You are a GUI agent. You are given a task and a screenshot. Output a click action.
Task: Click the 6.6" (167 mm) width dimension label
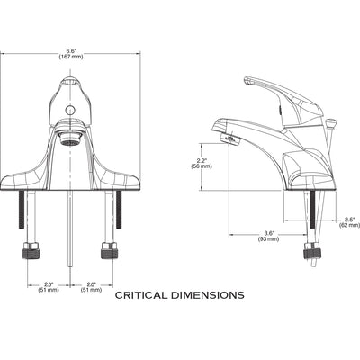point(70,54)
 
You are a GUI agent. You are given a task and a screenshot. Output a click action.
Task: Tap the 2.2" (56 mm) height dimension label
point(202,164)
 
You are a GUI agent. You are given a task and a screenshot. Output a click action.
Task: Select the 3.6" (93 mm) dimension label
point(268,236)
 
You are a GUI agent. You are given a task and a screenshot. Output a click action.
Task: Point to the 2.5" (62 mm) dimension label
point(350,222)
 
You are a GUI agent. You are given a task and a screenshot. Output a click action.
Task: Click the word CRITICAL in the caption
point(141,295)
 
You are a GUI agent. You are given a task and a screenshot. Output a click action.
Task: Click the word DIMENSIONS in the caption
point(208,295)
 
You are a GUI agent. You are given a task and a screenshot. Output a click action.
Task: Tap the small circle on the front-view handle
point(70,110)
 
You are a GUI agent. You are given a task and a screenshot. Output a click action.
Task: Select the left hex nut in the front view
point(31,250)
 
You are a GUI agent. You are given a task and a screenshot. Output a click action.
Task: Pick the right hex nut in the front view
point(109,250)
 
